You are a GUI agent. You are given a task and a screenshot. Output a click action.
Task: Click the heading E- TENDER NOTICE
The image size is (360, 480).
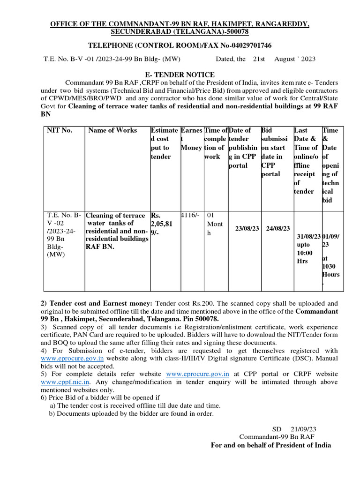(x=180, y=75)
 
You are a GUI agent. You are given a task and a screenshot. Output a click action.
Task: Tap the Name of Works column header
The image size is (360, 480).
(x=112, y=130)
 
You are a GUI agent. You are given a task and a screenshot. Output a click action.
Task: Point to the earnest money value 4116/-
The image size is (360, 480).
(x=190, y=215)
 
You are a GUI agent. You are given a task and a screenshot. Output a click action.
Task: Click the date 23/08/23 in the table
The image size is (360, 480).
(x=247, y=228)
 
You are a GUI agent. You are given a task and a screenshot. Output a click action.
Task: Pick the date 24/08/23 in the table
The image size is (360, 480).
(x=277, y=228)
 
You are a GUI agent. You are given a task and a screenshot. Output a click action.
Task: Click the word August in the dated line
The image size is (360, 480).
(x=285, y=59)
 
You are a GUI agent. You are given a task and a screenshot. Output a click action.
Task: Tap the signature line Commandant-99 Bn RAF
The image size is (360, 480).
(x=277, y=436)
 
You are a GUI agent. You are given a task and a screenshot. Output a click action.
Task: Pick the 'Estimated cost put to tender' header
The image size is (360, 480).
(x=164, y=143)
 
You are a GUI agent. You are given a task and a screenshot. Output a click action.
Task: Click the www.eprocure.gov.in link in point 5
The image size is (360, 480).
(x=198, y=374)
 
